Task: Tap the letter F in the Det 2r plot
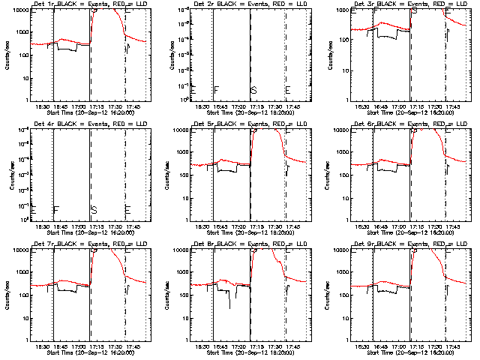tap(216, 90)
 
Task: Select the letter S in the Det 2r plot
tap(253, 90)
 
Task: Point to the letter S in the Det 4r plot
tap(94, 209)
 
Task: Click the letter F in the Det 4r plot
tap(55, 209)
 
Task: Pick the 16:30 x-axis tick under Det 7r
tap(43, 347)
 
